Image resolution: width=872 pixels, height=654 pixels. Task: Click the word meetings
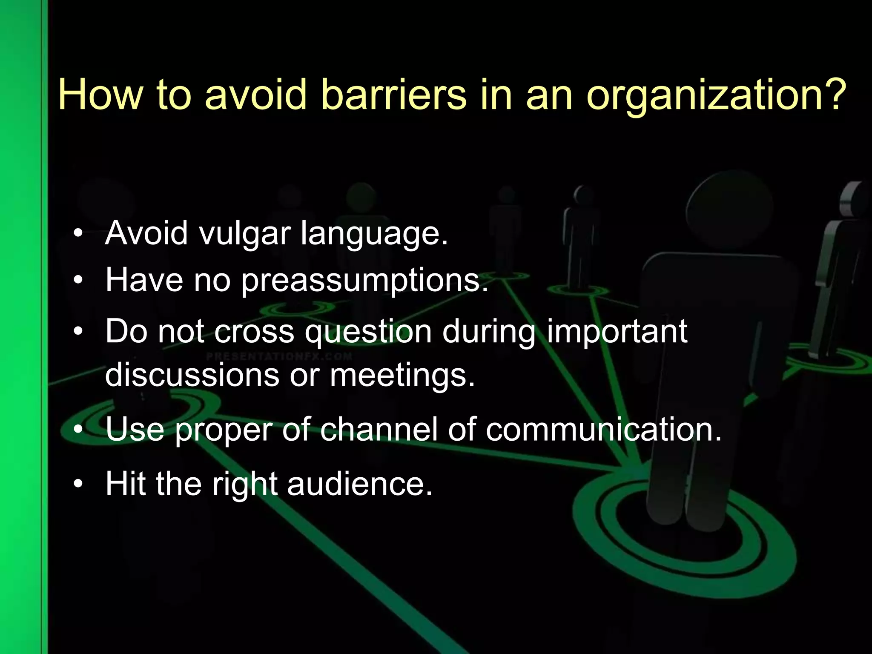(x=402, y=376)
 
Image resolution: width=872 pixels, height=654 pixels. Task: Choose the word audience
(x=360, y=484)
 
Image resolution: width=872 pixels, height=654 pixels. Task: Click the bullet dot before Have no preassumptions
(x=77, y=281)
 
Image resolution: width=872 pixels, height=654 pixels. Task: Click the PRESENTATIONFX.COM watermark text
(x=279, y=356)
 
